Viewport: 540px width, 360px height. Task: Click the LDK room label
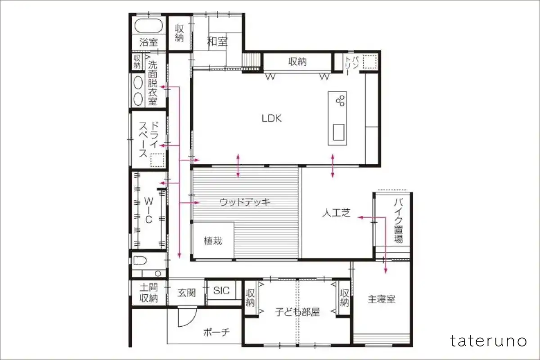(272, 118)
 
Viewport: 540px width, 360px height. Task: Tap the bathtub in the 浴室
(148, 26)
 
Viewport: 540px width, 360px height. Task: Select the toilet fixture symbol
(140, 261)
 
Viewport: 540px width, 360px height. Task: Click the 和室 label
(217, 41)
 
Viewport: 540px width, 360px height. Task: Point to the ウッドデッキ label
(245, 202)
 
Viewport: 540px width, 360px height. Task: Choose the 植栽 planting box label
(213, 241)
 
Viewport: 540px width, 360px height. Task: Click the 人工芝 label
(336, 213)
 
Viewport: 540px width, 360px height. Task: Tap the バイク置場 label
(399, 220)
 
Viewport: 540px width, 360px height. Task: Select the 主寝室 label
(382, 299)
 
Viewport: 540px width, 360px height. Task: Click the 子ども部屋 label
(297, 312)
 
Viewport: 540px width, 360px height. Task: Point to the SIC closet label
(221, 291)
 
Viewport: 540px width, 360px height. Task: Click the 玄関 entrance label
(187, 293)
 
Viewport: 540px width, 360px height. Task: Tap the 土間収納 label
(149, 293)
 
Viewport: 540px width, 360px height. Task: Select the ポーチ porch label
(216, 332)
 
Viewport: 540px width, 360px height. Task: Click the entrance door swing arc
(191, 320)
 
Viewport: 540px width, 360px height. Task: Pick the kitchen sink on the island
(338, 132)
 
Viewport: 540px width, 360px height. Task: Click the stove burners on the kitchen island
(340, 100)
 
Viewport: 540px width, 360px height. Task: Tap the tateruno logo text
(488, 341)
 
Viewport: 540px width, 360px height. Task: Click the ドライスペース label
(148, 139)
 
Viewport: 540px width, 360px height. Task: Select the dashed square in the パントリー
(370, 62)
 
